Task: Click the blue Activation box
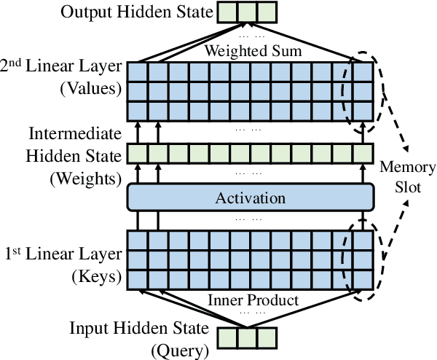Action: tap(251, 197)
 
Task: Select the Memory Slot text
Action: tap(408, 177)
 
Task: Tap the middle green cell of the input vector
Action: tap(247, 337)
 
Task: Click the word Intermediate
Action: tap(74, 135)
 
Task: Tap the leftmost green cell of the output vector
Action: tap(225, 12)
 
